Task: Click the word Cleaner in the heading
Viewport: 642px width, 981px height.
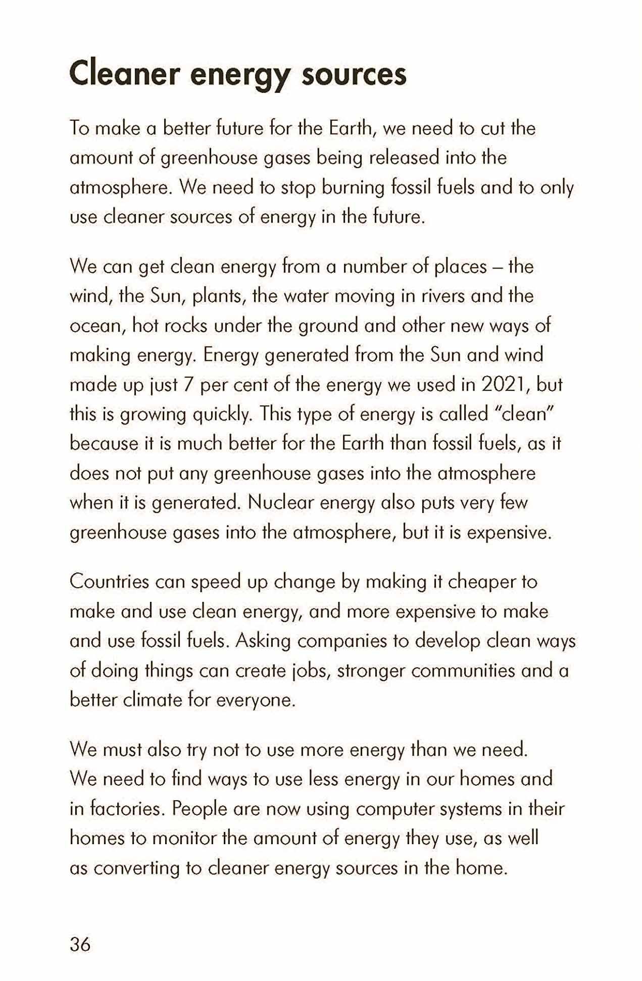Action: click(x=124, y=74)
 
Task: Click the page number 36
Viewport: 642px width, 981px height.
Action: click(x=80, y=944)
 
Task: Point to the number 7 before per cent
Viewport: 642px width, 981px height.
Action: click(x=189, y=385)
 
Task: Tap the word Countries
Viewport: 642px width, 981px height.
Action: click(x=109, y=582)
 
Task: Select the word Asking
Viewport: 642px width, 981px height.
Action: click(x=263, y=641)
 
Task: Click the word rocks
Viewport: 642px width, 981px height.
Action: click(x=186, y=326)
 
